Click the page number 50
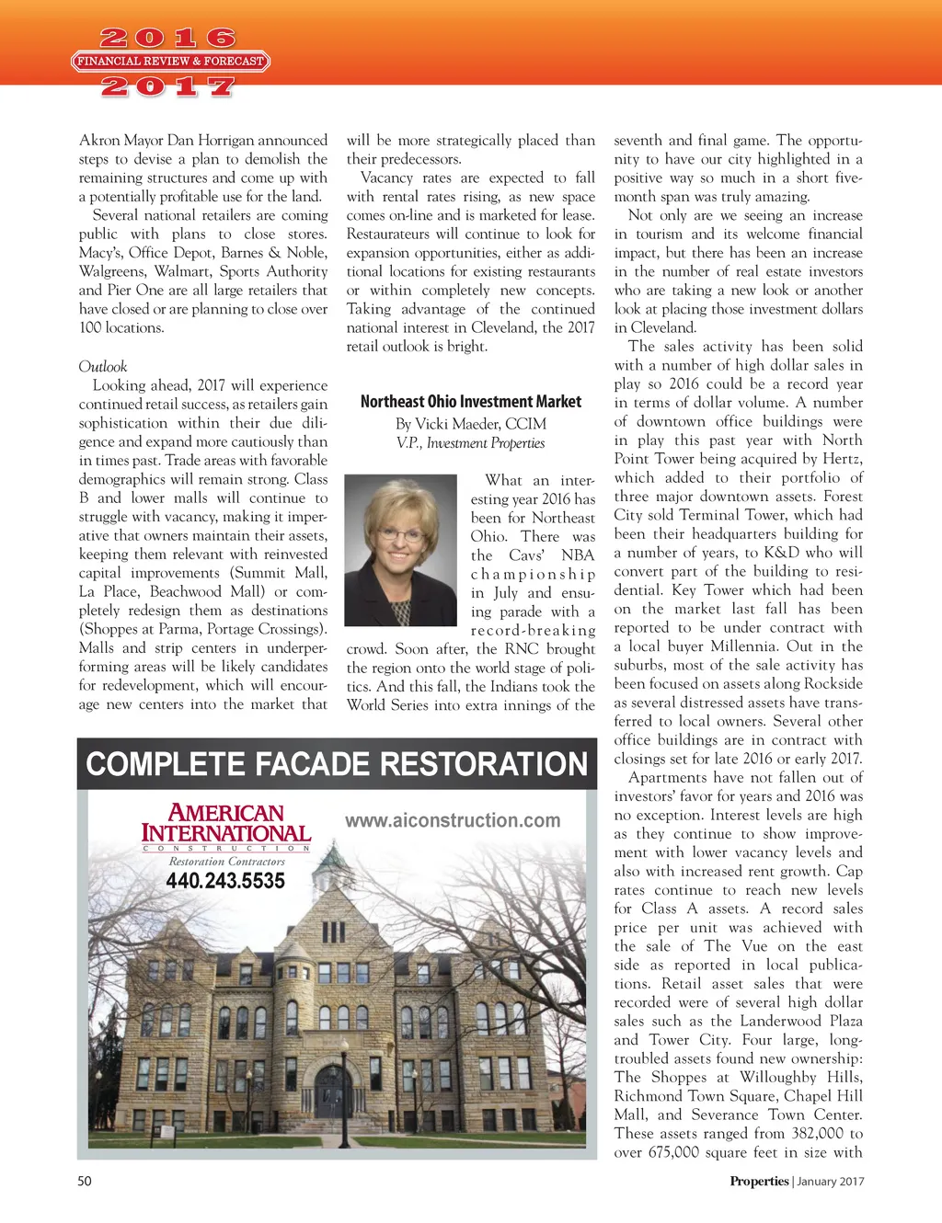click(x=85, y=1181)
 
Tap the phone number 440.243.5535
click(x=225, y=881)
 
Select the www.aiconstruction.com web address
click(x=453, y=820)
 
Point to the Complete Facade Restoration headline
click(x=337, y=764)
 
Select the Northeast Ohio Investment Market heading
click(x=471, y=402)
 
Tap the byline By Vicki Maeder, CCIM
click(x=471, y=424)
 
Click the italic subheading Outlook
click(x=103, y=366)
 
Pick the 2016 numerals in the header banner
click(x=168, y=39)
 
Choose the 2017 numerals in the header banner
click(x=168, y=87)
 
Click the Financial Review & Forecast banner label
click(x=170, y=62)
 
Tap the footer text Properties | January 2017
click(x=797, y=1182)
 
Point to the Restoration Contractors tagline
click(x=226, y=862)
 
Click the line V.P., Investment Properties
click(x=471, y=443)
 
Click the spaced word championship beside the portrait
click(x=533, y=575)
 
